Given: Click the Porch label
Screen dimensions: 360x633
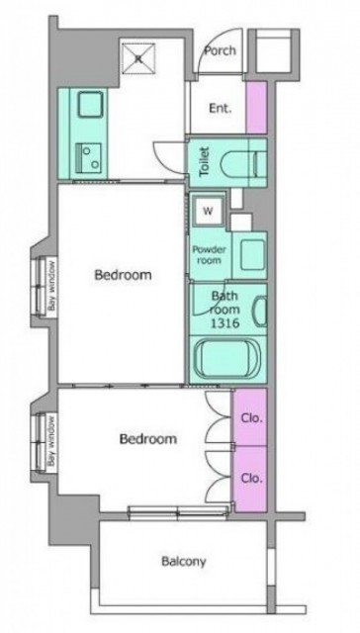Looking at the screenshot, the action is (220, 51).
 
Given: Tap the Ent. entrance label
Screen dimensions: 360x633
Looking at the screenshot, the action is (220, 109).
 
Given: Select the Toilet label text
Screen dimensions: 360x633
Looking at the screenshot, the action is (205, 162).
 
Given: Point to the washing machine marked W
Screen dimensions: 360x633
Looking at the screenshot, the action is (209, 211).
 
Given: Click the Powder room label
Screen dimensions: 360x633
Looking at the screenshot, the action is (209, 255).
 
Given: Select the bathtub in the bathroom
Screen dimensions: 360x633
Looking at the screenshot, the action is (227, 359).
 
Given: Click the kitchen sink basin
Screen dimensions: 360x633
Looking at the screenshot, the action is (90, 104).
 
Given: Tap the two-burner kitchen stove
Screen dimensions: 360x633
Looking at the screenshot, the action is (89, 158).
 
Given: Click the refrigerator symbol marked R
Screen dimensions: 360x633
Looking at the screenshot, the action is (138, 59).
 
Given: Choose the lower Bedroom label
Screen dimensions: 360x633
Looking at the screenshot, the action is (148, 439).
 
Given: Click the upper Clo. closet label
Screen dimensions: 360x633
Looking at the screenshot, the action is (252, 418).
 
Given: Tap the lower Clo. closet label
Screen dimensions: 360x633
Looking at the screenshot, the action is (252, 479).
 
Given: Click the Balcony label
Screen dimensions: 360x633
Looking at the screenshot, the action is (184, 562).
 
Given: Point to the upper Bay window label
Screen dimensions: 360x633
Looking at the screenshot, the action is (52, 286).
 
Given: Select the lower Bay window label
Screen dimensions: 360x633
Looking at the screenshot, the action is (51, 441).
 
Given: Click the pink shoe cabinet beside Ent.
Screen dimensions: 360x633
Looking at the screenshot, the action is (257, 108).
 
